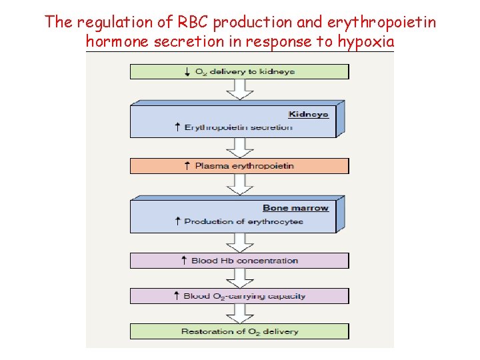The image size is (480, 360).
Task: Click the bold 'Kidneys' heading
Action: click(x=308, y=114)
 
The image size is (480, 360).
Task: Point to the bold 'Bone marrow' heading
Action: click(x=295, y=208)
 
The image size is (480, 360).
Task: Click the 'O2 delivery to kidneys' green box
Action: click(x=239, y=71)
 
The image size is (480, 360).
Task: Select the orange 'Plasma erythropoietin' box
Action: click(x=239, y=165)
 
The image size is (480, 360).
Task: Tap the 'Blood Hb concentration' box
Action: click(x=239, y=260)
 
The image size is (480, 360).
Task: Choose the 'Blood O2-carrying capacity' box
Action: click(x=239, y=296)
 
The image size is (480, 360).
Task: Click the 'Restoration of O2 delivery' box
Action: click(x=239, y=331)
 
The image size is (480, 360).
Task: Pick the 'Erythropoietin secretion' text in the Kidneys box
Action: click(x=238, y=127)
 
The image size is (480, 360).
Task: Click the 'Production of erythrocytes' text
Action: click(x=243, y=221)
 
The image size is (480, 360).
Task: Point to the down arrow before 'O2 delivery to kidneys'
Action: click(x=187, y=71)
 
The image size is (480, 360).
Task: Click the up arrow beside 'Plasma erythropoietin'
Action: click(x=187, y=165)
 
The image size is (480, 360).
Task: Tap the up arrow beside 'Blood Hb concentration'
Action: click(x=184, y=260)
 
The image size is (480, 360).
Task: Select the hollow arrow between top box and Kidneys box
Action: click(x=239, y=90)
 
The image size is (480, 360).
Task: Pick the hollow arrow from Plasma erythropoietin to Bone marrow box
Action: click(x=239, y=183)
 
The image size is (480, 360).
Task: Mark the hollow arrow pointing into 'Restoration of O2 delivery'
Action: click(x=239, y=313)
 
